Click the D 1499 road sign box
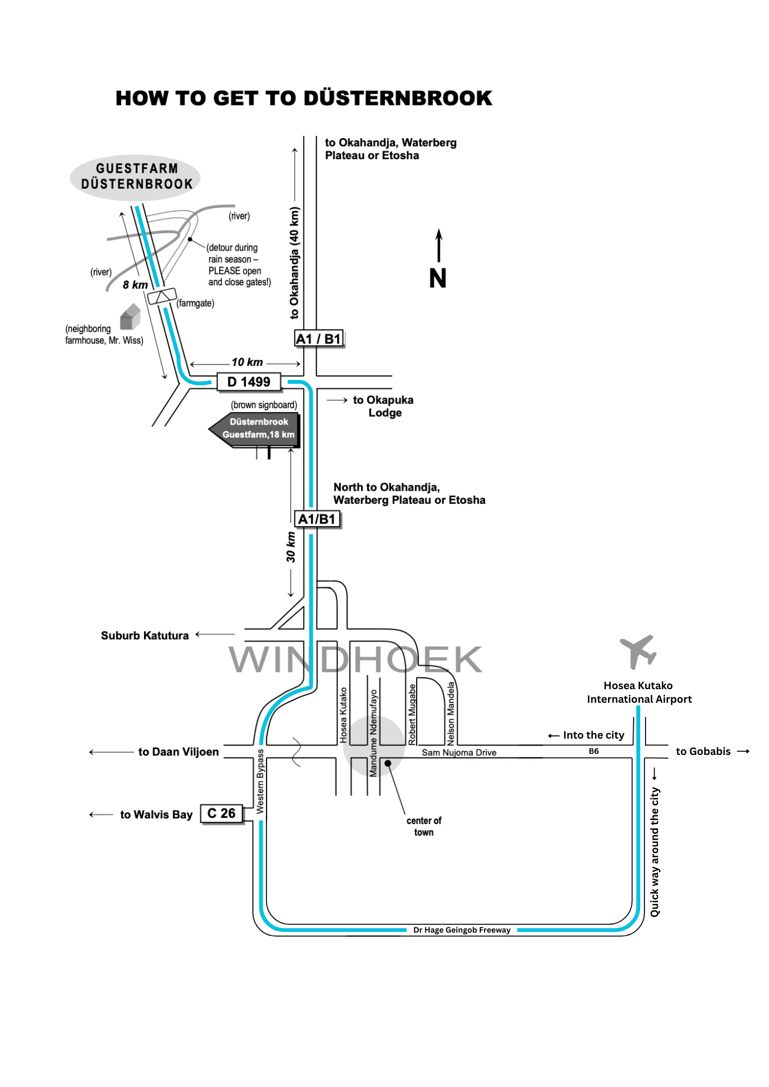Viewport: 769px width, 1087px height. pos(249,382)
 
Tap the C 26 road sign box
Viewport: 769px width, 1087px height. pos(221,814)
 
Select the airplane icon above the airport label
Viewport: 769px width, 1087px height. pos(638,651)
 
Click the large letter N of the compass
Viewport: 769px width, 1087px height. pos(438,278)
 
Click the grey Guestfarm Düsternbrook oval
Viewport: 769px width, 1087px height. pos(136,177)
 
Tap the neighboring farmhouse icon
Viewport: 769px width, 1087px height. pos(130,317)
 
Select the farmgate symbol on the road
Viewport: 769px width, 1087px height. pos(162,296)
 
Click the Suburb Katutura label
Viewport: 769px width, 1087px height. pos(145,635)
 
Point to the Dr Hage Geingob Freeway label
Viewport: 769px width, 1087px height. pos(462,930)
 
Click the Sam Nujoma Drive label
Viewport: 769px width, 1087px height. pos(459,753)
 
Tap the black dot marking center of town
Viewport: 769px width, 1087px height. pos(388,763)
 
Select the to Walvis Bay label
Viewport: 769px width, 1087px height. pos(157,814)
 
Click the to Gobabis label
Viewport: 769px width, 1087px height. pos(703,751)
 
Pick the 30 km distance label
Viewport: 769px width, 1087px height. pos(291,547)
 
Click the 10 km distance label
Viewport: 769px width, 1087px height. pos(247,362)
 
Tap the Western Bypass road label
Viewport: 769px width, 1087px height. pos(261,781)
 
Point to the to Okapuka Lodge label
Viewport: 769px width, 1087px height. pos(383,406)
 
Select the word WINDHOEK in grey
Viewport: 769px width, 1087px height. pos(355,659)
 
